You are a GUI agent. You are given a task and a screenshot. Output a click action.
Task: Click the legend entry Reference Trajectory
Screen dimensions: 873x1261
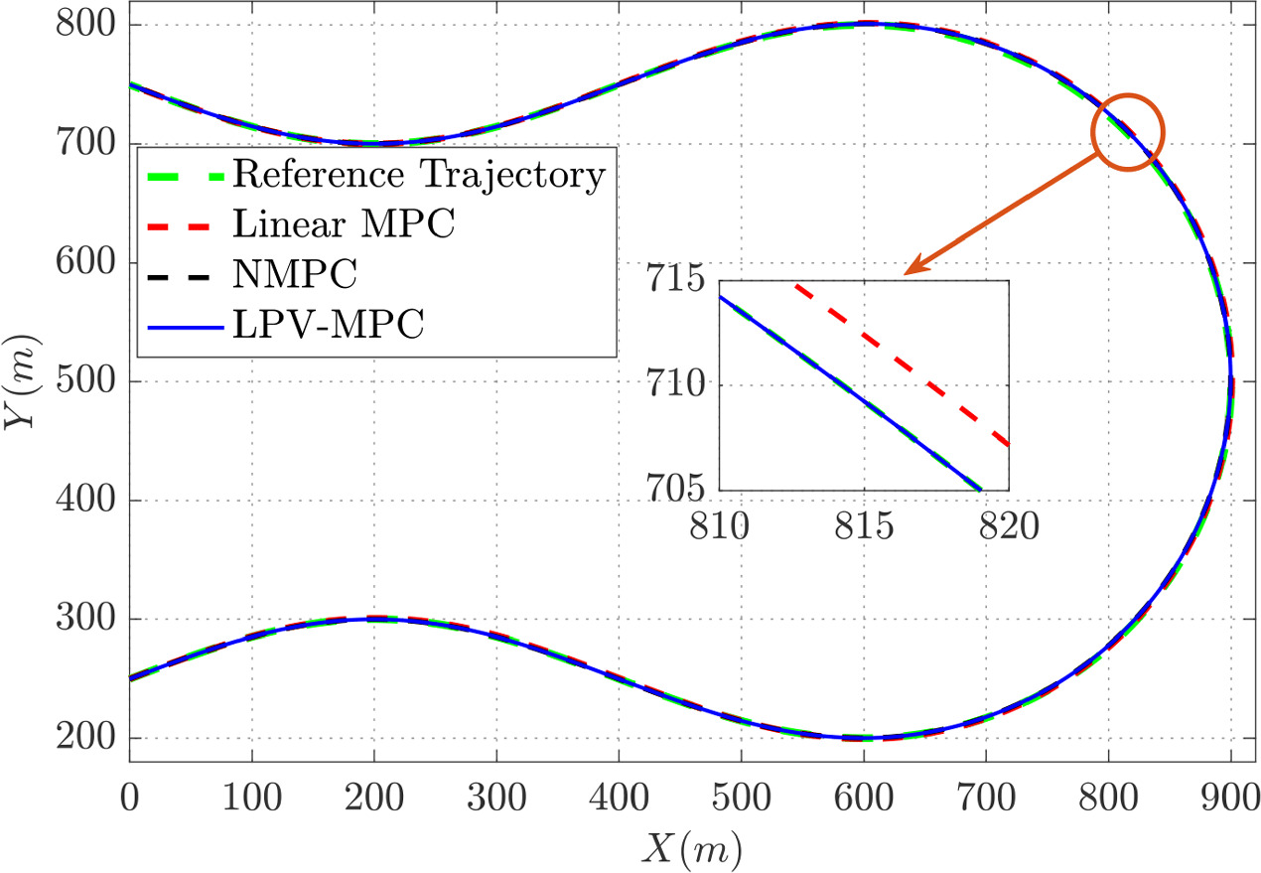coord(418,175)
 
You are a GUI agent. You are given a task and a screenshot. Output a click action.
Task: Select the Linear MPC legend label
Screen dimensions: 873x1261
coord(344,224)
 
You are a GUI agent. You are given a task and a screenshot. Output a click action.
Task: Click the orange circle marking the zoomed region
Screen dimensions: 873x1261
coord(1128,131)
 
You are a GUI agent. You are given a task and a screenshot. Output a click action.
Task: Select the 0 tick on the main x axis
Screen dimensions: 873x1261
coord(129,798)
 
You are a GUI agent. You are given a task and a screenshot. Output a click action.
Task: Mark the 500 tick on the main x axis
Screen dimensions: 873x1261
coord(742,798)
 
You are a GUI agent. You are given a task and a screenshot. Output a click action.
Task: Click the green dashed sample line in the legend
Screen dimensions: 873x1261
coord(186,175)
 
